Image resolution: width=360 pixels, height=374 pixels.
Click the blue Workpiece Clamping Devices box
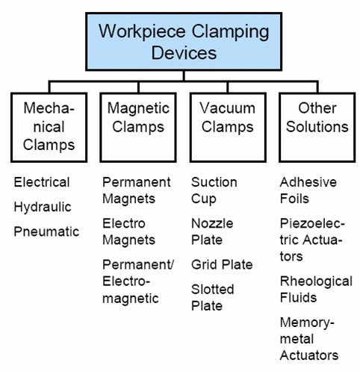tap(184, 42)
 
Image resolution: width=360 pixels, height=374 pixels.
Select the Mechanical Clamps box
tap(49, 128)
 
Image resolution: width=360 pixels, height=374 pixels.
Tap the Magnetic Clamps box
tap(138, 128)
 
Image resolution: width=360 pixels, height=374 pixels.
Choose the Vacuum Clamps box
tap(228, 128)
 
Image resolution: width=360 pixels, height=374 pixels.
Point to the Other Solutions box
tap(317, 128)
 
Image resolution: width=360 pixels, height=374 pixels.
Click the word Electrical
tap(42, 182)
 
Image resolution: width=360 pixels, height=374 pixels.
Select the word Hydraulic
tap(43, 207)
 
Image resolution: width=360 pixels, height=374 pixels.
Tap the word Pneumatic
tap(46, 231)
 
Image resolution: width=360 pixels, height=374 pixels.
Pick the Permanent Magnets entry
tap(137, 190)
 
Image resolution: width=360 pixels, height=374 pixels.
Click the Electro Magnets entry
tap(129, 231)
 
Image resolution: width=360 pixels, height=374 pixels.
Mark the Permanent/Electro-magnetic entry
tap(138, 281)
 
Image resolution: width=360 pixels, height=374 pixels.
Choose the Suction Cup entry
tap(214, 191)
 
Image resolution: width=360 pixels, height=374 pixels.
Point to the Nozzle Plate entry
tap(212, 231)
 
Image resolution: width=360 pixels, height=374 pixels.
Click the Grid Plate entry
tap(222, 264)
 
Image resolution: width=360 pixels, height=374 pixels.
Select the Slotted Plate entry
tap(213, 297)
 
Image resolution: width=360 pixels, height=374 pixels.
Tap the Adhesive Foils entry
tap(308, 190)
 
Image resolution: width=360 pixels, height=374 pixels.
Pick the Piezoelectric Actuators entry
tap(312, 240)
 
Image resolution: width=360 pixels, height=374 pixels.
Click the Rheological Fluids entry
tap(316, 289)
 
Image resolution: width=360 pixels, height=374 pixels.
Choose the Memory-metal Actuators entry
tap(309, 339)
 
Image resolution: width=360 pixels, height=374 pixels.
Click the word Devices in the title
tap(184, 53)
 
